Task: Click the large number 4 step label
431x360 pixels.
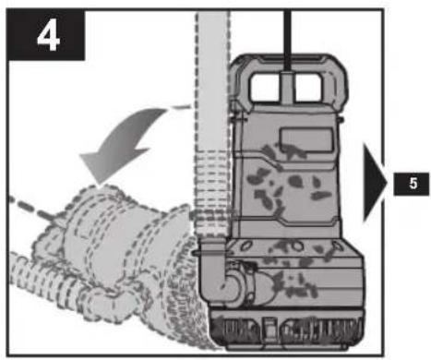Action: tap(49, 36)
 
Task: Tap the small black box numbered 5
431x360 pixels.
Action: tap(412, 184)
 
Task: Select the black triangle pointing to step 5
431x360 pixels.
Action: tap(375, 183)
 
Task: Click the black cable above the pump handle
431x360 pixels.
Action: tap(287, 40)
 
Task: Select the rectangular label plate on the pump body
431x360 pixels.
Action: tap(306, 139)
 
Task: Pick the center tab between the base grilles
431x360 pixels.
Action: tap(269, 330)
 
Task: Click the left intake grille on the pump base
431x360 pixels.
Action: tap(237, 331)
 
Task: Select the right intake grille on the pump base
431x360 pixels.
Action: tap(320, 331)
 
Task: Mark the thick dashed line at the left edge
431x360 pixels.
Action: tap(34, 210)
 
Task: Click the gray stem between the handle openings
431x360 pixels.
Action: tap(287, 88)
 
